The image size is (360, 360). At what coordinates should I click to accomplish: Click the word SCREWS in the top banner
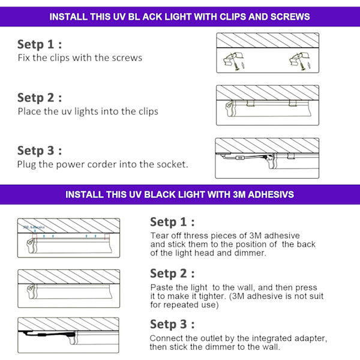(x=290, y=17)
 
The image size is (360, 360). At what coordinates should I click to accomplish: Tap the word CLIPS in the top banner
(x=233, y=17)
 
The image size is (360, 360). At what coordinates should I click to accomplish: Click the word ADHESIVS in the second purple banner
(x=271, y=194)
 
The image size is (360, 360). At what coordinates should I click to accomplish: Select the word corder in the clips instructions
(x=102, y=164)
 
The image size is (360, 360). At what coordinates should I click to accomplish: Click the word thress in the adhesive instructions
(x=196, y=236)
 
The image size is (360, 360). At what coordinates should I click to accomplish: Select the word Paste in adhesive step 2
(x=161, y=287)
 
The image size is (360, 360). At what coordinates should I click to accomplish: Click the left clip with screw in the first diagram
(x=234, y=62)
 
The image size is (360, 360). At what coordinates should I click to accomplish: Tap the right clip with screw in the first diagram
(x=299, y=62)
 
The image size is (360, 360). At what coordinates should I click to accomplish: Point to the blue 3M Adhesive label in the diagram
(x=34, y=227)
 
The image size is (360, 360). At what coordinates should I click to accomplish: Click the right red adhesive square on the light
(x=107, y=236)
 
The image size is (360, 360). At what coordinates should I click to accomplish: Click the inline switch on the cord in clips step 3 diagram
(x=240, y=158)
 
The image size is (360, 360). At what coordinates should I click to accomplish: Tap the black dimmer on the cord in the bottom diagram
(x=42, y=335)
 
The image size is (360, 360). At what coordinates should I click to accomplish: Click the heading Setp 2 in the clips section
(x=40, y=98)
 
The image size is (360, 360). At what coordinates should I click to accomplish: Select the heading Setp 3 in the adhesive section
(x=172, y=325)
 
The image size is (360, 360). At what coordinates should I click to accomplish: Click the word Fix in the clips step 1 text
(x=24, y=58)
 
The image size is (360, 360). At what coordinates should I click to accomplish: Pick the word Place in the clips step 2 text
(x=29, y=112)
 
